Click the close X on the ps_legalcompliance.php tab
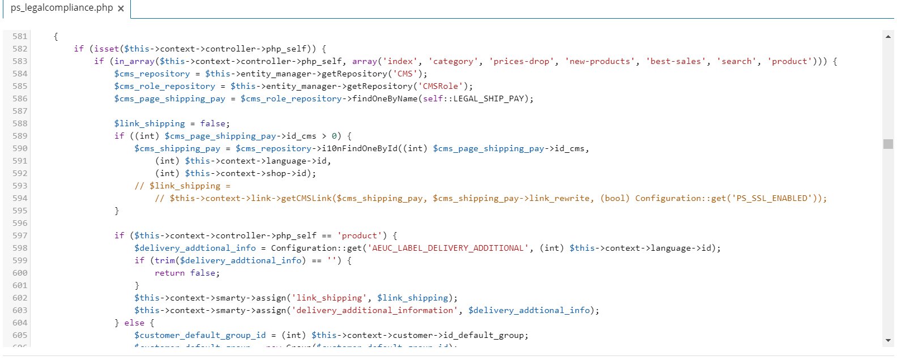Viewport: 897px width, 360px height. pyautogui.click(x=121, y=8)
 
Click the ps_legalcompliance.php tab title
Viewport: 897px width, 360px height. pyautogui.click(x=61, y=8)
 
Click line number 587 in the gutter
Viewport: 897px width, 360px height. pyautogui.click(x=20, y=111)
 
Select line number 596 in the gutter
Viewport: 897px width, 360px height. pyautogui.click(x=20, y=223)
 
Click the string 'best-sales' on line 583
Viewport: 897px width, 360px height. pyautogui.click(x=676, y=61)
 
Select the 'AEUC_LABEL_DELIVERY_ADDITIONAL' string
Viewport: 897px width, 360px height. pyautogui.click(x=448, y=248)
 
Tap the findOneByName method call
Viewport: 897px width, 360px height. pyautogui.click(x=385, y=98)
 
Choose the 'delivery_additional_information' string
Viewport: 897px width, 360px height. pyautogui.click(x=374, y=310)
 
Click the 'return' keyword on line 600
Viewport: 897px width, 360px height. pyautogui.click(x=170, y=273)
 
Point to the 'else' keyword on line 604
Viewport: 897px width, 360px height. pyautogui.click(x=134, y=323)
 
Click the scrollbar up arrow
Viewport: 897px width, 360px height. pyautogui.click(x=888, y=37)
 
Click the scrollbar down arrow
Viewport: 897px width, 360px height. pyautogui.click(x=888, y=341)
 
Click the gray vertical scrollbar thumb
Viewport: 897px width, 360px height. pyautogui.click(x=888, y=144)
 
